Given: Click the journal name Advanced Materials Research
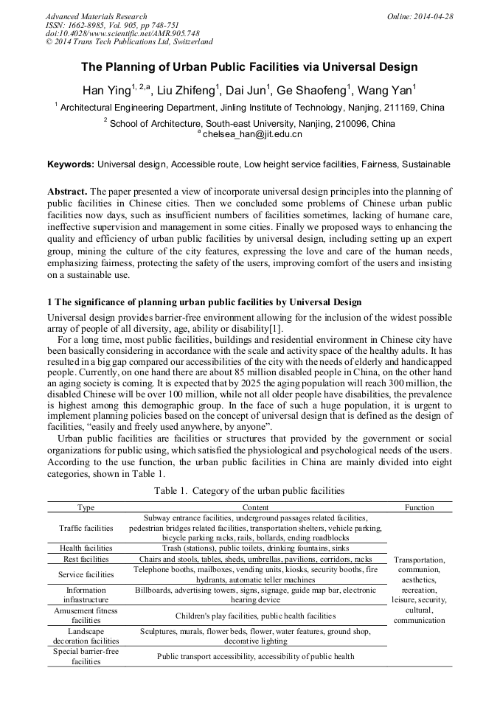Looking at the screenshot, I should tap(96, 16).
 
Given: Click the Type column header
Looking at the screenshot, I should tap(86, 507).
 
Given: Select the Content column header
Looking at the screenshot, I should tap(255, 507).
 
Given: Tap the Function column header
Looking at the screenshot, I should tap(420, 507).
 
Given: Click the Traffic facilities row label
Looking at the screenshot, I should tap(86, 528).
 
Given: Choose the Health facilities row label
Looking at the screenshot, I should tap(86, 548).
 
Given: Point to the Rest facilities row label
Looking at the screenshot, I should tap(86, 560).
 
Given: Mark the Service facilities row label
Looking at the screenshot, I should tap(86, 574).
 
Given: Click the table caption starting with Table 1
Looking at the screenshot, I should tap(249, 490).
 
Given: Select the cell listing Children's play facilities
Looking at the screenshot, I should tap(255, 616).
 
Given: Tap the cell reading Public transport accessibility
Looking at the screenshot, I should tap(255, 656).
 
